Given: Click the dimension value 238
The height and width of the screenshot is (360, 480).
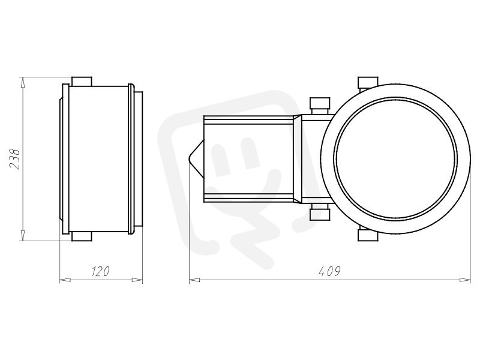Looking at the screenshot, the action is pyautogui.click(x=14, y=159).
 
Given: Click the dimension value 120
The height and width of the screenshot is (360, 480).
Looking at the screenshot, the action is pyautogui.click(x=101, y=271).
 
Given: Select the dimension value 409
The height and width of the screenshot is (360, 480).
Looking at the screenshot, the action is pyautogui.click(x=329, y=271).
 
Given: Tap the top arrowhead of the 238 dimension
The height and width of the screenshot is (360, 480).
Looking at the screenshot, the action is pyautogui.click(x=22, y=82).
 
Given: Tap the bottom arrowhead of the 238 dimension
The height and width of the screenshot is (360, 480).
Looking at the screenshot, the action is pyautogui.click(x=22, y=236).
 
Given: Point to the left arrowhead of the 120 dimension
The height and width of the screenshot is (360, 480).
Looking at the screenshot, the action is pyautogui.click(x=65, y=280).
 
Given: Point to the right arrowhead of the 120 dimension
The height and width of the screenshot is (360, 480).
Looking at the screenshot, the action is pyautogui.click(x=137, y=280).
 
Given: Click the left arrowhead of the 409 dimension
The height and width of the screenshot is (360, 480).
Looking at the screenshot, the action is pyautogui.click(x=194, y=280).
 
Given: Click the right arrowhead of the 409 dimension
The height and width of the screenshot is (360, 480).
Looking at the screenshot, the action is pyautogui.click(x=466, y=280).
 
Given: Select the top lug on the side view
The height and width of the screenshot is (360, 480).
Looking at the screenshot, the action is pyautogui.click(x=82, y=82).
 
